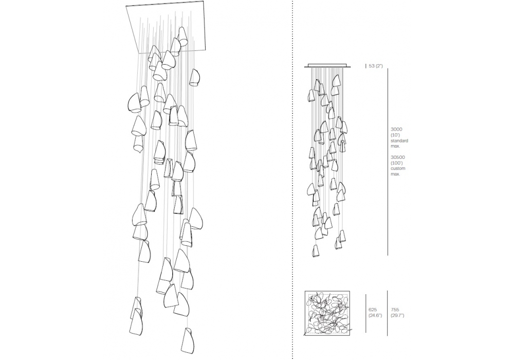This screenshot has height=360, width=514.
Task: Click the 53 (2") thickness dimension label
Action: (x=376, y=66)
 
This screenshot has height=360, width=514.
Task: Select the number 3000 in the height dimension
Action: (x=396, y=130)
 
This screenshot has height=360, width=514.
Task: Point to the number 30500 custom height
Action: (x=398, y=157)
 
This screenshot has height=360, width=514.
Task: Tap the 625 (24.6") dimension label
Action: (x=375, y=313)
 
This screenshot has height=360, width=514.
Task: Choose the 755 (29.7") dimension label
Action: (x=397, y=313)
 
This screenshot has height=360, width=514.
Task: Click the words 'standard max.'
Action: (x=399, y=143)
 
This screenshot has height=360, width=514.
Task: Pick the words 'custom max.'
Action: (x=398, y=171)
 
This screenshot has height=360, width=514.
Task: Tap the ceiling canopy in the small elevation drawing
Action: (x=327, y=66)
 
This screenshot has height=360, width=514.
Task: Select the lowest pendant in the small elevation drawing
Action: (x=316, y=250)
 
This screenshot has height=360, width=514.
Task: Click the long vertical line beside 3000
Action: (x=388, y=161)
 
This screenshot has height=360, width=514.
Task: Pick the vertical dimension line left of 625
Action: (x=366, y=313)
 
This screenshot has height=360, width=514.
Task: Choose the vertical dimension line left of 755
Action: (x=387, y=313)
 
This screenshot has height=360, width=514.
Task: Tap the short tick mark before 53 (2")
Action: (x=366, y=66)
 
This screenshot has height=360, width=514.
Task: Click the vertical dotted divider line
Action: (x=292, y=180)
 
